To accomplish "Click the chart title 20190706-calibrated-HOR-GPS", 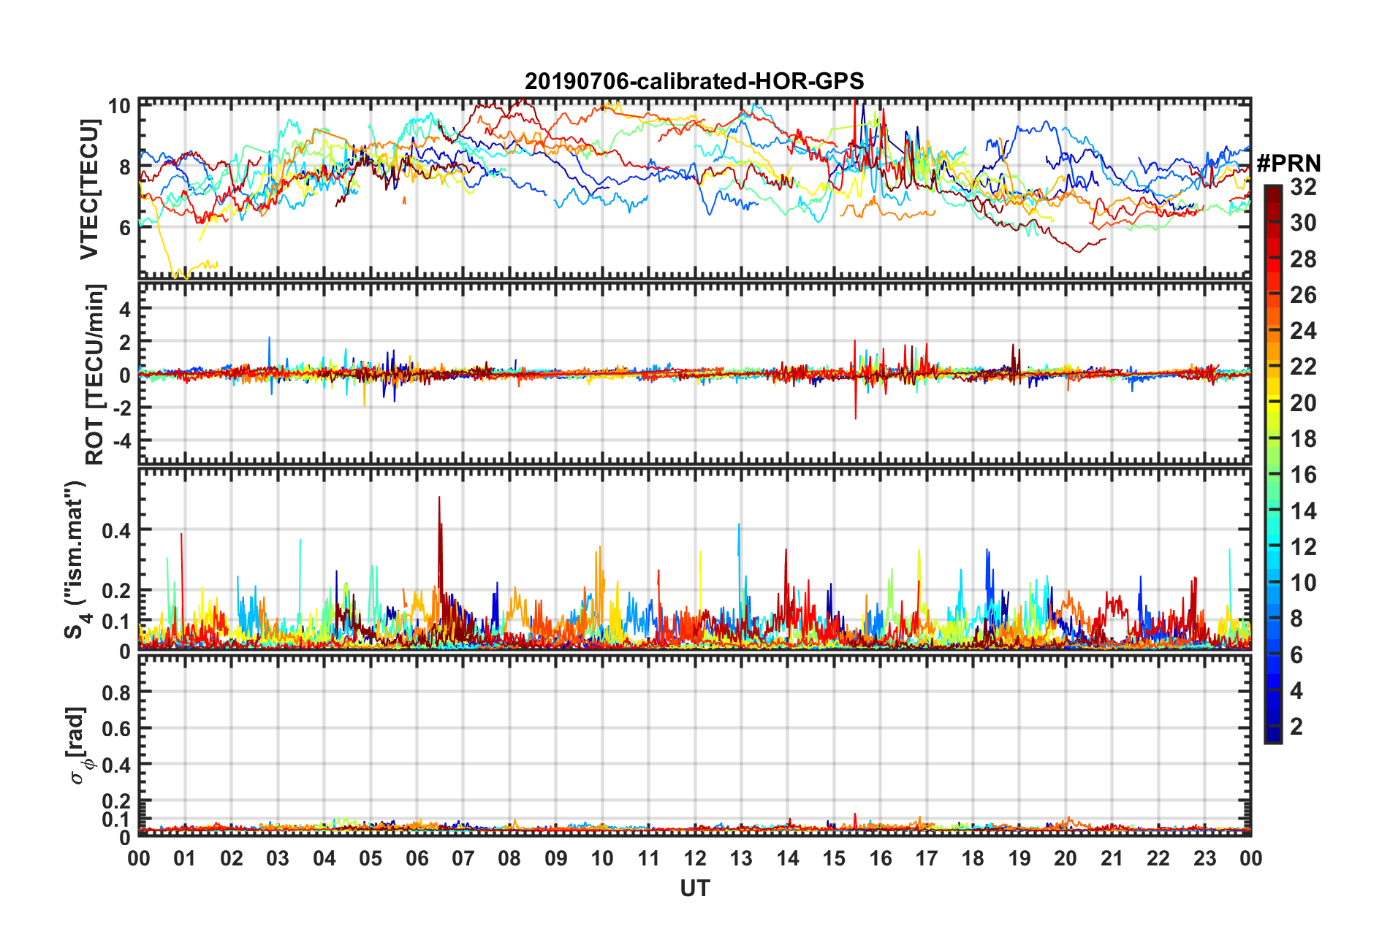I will pos(694,81).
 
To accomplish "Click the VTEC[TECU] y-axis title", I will pos(89,189).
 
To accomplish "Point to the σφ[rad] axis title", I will pos(79,746).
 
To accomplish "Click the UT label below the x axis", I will pos(694,888).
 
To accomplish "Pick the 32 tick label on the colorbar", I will pos(1303,187).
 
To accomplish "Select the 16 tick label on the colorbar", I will pos(1303,475).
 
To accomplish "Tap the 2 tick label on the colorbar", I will pos(1297,726).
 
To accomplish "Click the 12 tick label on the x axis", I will pos(695,858).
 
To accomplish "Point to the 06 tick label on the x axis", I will pos(417,858).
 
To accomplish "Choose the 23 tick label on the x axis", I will pos(1204,858).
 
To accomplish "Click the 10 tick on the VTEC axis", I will pos(119,107).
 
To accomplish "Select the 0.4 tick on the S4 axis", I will pos(117,530).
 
